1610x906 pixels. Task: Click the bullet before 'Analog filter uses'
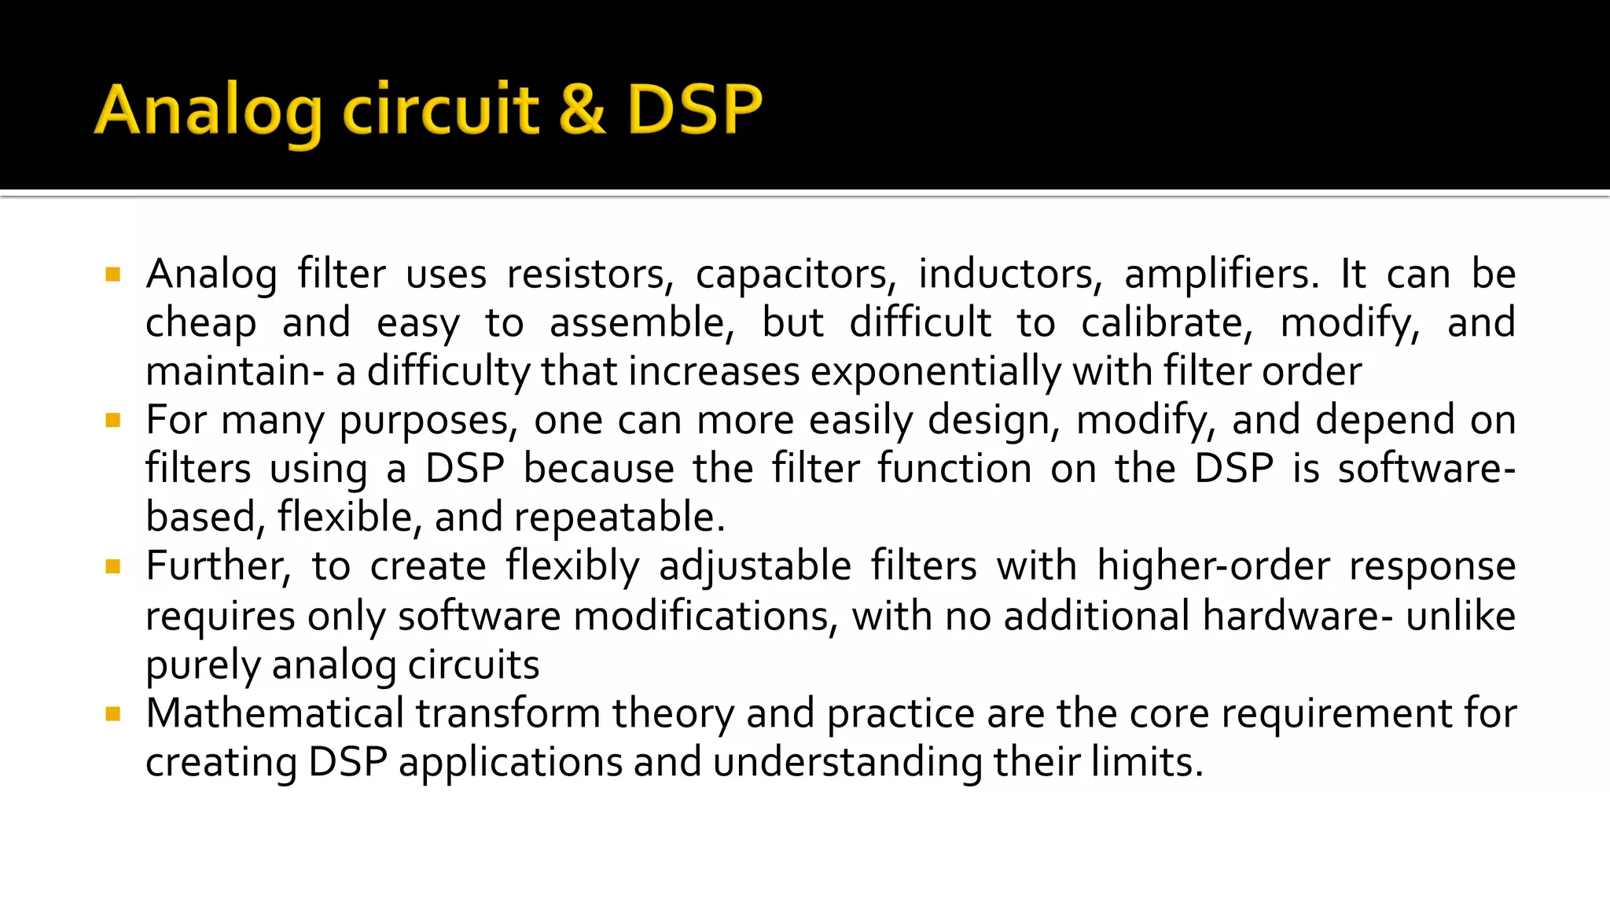[113, 274]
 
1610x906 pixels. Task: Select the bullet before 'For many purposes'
[113, 421]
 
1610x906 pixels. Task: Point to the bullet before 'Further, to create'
[113, 566]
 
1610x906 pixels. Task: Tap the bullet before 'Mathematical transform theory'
[113, 714]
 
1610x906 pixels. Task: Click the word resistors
[590, 275]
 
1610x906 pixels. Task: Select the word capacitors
[795, 275]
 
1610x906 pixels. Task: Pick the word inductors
[1010, 275]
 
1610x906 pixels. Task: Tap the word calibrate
[1166, 323]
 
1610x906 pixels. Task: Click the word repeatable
[619, 518]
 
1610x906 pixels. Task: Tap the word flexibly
[572, 566]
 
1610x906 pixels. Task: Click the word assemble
[641, 323]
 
